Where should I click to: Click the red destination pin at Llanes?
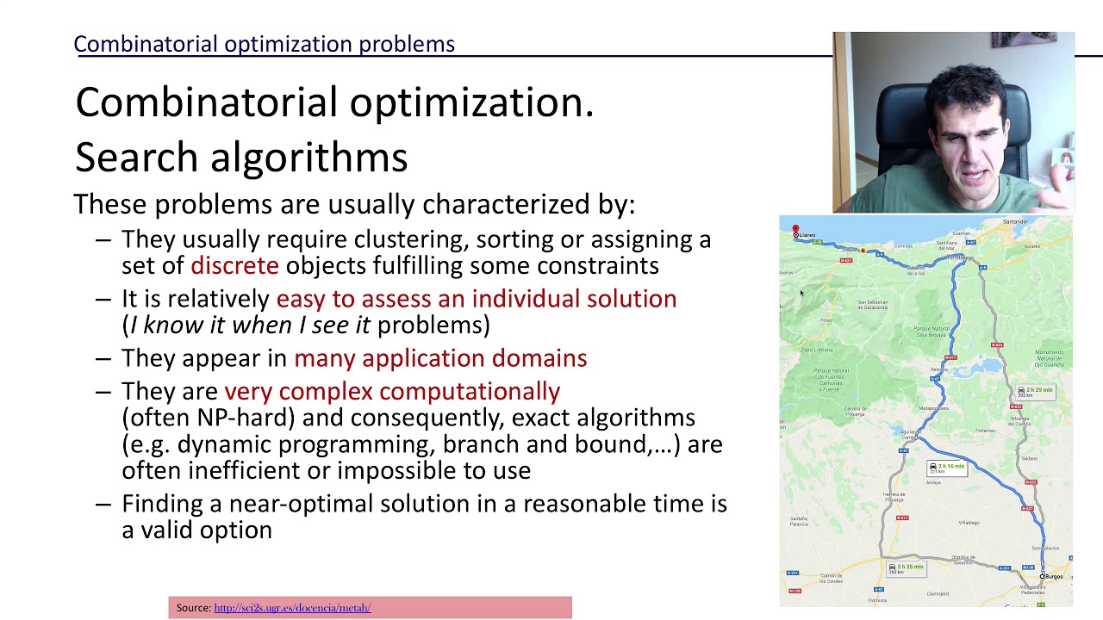[x=795, y=230]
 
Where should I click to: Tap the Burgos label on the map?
[x=1054, y=577]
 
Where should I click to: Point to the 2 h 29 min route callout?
[x=1035, y=392]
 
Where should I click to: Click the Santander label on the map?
[x=1015, y=222]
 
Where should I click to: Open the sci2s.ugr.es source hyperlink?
[x=292, y=608]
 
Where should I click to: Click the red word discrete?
[x=234, y=265]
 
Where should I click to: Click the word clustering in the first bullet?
[x=410, y=239]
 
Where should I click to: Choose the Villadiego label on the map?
[x=969, y=523]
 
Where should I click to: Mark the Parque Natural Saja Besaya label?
[x=931, y=332]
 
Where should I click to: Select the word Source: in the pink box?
[x=194, y=608]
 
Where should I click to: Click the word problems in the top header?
[x=407, y=44]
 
